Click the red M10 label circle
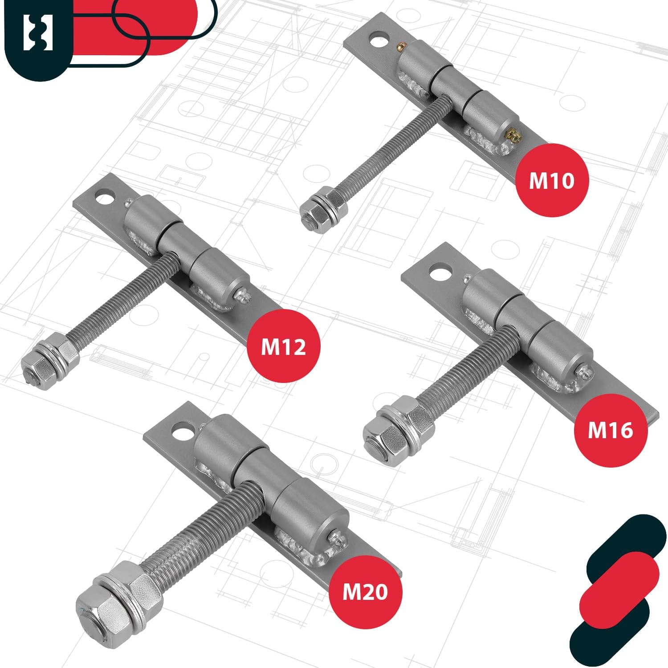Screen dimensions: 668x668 click(x=552, y=180)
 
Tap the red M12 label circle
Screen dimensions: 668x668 click(x=284, y=346)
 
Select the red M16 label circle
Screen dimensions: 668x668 click(x=610, y=430)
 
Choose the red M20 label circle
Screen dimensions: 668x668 click(x=365, y=591)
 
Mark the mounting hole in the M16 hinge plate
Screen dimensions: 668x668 click(x=440, y=272)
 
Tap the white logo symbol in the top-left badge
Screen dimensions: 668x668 click(x=38, y=33)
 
